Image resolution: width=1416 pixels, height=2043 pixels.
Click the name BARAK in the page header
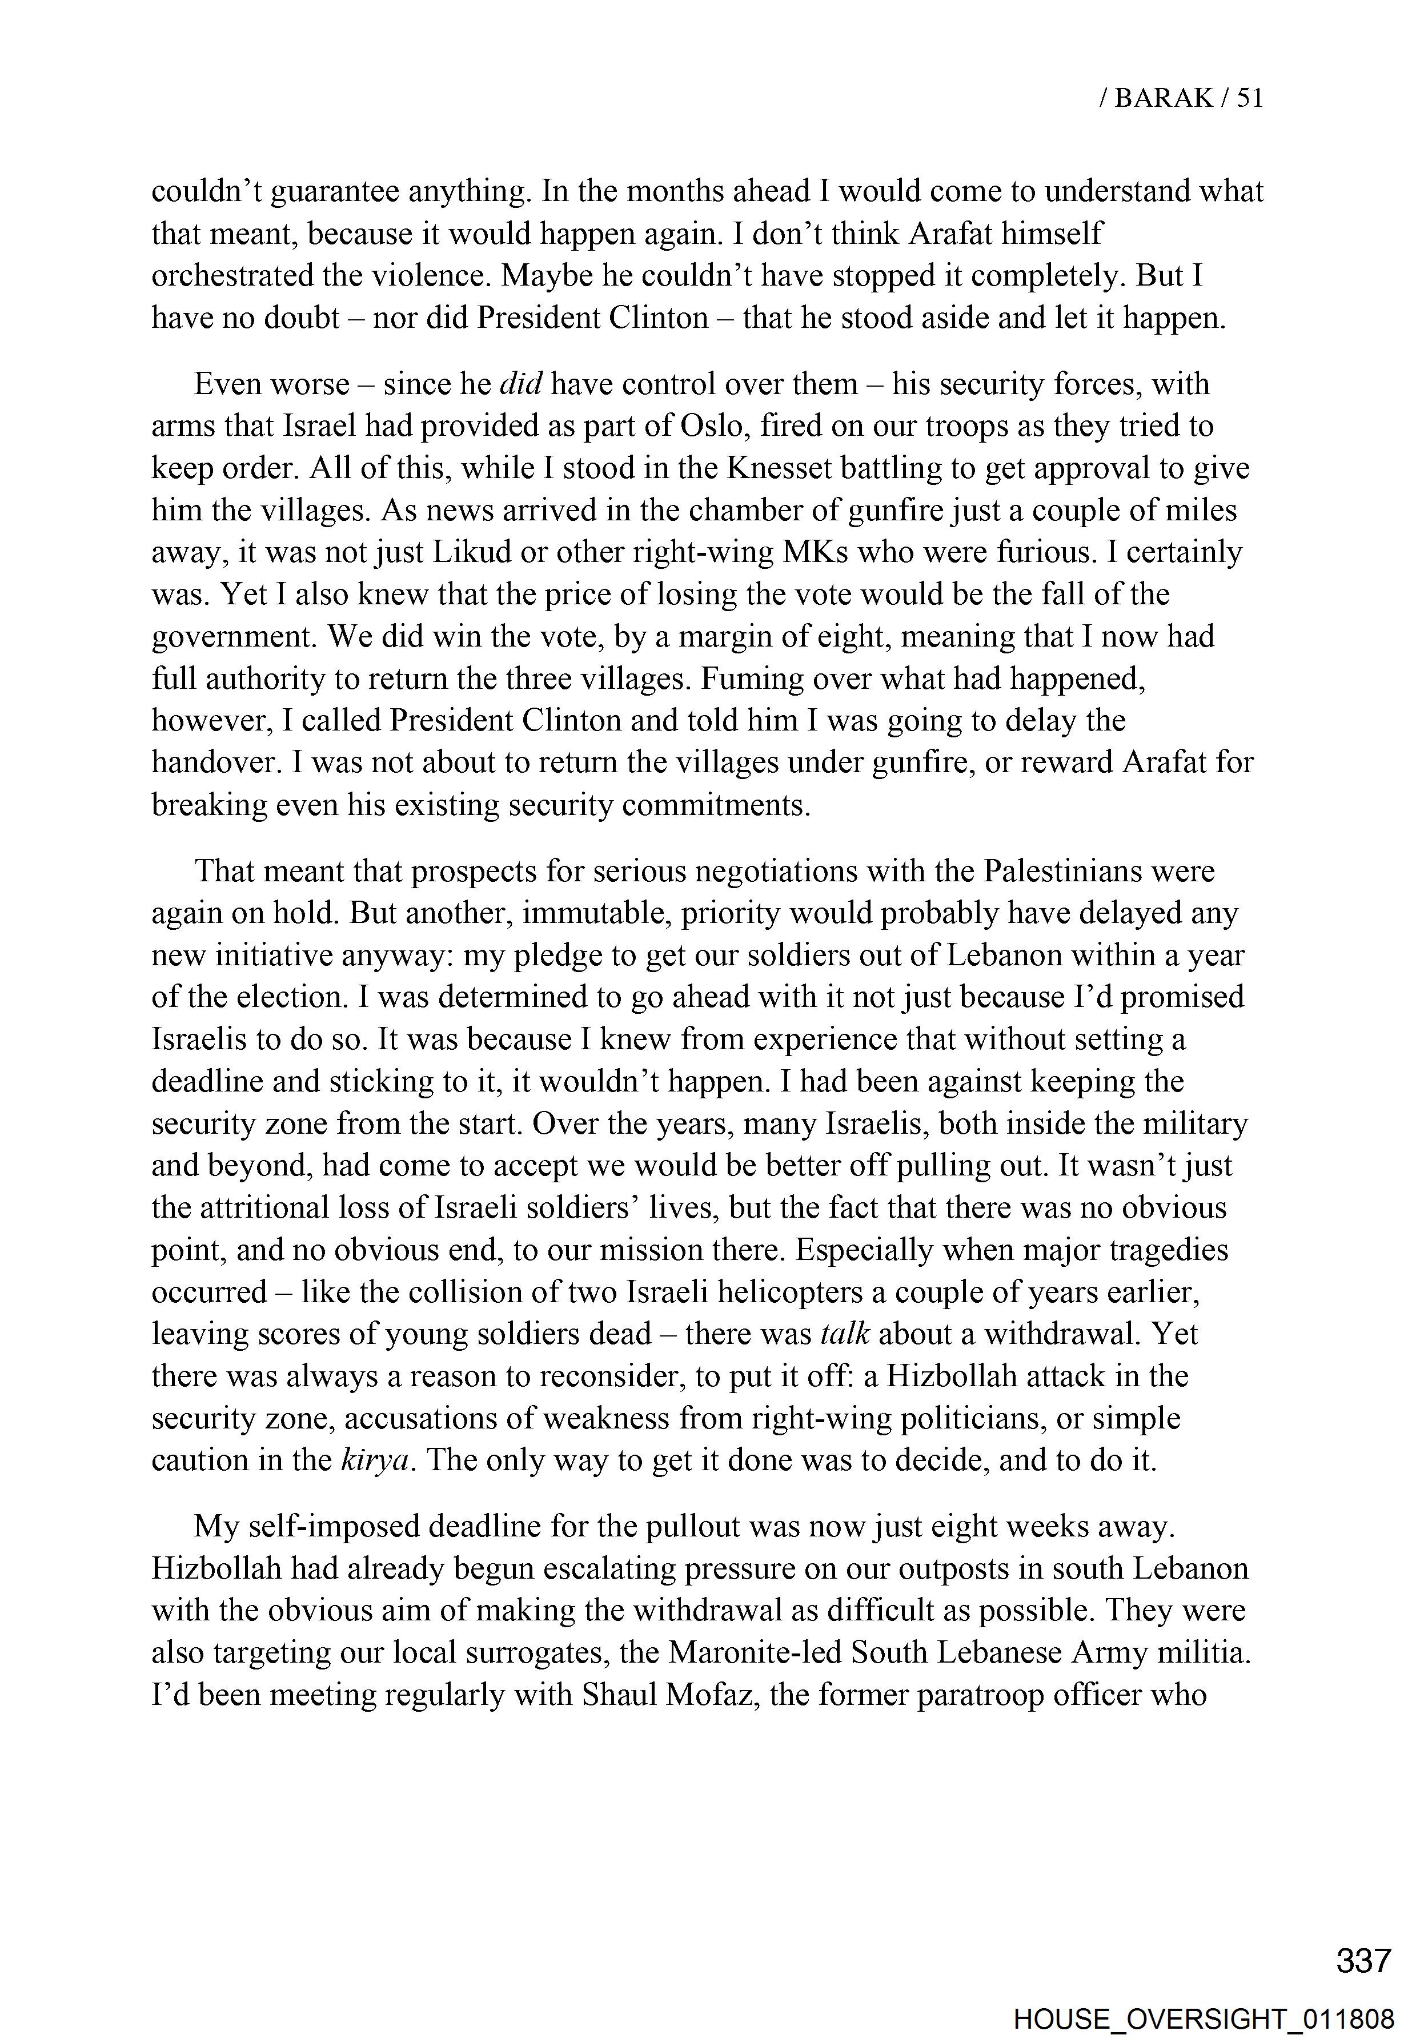tap(1163, 98)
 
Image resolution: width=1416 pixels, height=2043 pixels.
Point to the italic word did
tap(521, 384)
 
